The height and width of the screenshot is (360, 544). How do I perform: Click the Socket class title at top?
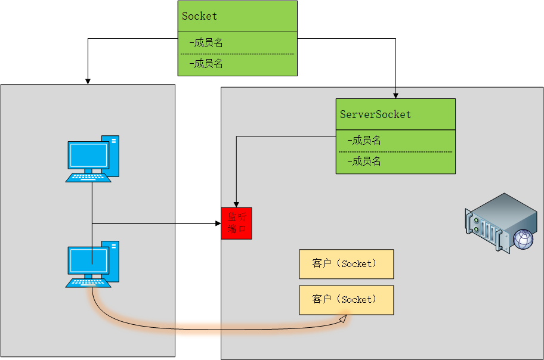[200, 16]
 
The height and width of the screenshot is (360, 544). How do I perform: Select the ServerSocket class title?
[375, 114]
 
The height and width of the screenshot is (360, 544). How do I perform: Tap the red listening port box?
[236, 224]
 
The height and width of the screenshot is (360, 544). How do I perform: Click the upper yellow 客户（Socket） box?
[346, 264]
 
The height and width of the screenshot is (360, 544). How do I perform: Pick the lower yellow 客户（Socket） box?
[346, 300]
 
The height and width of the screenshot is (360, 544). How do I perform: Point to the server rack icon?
[498, 220]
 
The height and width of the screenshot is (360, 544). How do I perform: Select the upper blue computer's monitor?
[89, 156]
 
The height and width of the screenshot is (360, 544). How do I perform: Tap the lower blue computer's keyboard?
[88, 282]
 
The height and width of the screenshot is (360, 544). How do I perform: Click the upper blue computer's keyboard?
[88, 177]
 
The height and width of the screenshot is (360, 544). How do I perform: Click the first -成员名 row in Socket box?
[206, 43]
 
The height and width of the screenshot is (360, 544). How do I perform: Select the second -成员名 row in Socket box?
[206, 64]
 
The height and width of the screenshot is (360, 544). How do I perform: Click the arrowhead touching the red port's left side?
[218, 224]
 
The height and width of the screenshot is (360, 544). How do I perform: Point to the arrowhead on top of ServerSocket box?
[395, 95]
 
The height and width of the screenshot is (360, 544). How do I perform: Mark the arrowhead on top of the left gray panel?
[88, 81]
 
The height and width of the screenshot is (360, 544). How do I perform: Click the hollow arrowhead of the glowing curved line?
[342, 319]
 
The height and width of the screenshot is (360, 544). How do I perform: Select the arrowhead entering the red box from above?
[236, 204]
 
